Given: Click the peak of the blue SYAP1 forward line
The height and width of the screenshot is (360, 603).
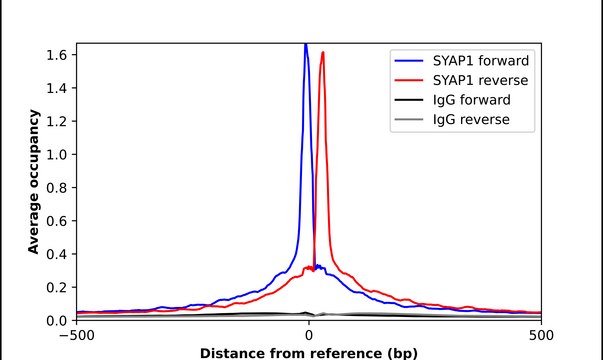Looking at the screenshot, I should (x=305, y=45).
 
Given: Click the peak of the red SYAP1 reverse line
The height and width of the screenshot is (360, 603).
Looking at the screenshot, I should (x=322, y=53).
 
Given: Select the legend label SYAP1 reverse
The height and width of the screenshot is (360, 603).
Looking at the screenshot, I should (x=481, y=79).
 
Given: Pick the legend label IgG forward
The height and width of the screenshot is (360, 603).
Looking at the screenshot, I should (x=472, y=100).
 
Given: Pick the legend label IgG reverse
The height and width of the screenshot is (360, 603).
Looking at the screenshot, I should (x=471, y=120).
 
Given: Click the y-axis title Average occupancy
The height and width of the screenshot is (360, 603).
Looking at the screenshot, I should (x=34, y=182).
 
